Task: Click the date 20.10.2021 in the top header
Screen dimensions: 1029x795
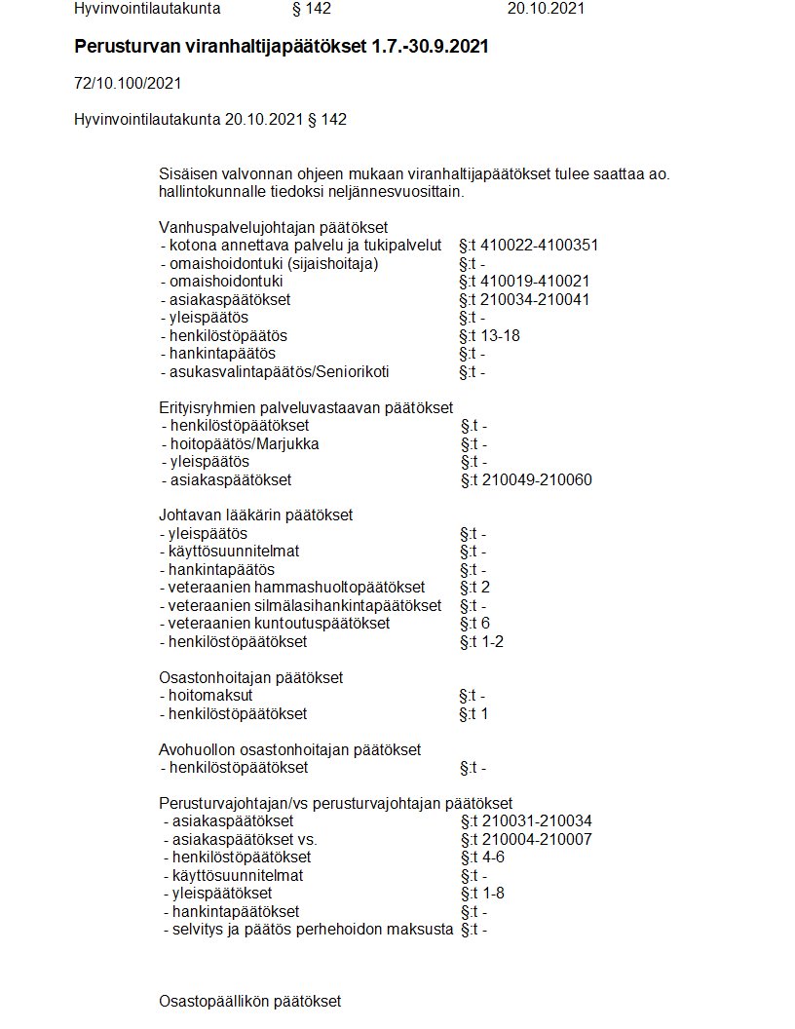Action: click(x=546, y=9)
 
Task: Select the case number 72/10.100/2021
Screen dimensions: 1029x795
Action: click(x=128, y=84)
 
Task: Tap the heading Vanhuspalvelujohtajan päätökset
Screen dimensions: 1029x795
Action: click(x=259, y=227)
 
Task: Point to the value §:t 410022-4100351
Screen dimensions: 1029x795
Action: click(x=528, y=245)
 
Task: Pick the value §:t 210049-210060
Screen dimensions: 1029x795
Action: click(x=526, y=479)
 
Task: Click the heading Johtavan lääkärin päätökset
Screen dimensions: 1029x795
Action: click(x=255, y=514)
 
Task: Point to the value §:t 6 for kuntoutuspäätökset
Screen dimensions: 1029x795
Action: click(x=474, y=623)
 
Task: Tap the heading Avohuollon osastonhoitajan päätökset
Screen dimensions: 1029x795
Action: click(x=289, y=749)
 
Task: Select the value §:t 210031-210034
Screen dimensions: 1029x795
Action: click(x=525, y=821)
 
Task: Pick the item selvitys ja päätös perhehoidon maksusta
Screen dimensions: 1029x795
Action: click(x=308, y=929)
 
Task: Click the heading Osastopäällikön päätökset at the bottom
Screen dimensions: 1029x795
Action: click(x=249, y=1001)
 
